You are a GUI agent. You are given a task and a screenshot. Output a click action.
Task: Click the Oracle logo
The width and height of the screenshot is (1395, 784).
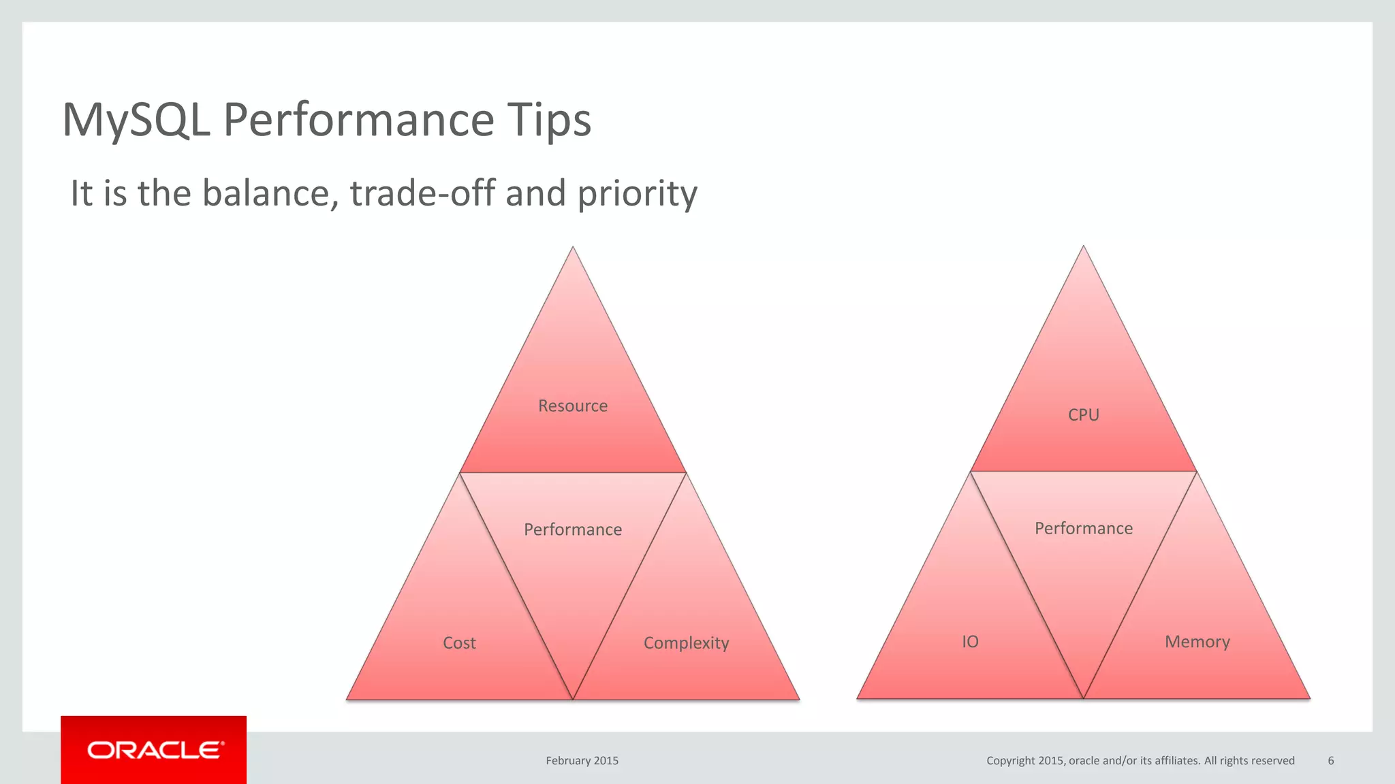[x=155, y=750]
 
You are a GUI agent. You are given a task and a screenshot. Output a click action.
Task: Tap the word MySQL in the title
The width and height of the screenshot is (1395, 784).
[x=136, y=120]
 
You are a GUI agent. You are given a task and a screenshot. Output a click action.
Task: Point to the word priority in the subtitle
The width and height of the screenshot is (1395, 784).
[x=638, y=195]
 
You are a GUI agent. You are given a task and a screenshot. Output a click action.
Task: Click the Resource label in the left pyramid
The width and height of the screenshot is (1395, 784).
[x=573, y=406]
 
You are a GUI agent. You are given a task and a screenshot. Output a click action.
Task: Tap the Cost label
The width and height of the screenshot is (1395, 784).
[x=459, y=643]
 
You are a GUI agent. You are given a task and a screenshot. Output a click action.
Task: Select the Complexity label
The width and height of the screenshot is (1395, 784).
[x=686, y=643]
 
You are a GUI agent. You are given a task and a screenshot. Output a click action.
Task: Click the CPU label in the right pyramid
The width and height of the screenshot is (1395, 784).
[x=1083, y=414]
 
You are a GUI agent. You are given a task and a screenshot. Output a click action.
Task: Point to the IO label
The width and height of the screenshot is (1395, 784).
[x=970, y=642]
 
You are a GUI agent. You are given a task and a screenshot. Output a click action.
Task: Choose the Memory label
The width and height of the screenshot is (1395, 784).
[x=1197, y=642]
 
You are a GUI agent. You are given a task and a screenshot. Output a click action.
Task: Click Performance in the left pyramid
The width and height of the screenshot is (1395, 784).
[x=573, y=529]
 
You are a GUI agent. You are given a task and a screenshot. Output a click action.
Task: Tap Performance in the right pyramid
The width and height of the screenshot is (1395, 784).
[x=1083, y=528]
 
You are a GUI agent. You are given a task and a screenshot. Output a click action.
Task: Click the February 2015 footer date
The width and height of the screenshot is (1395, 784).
[x=582, y=761]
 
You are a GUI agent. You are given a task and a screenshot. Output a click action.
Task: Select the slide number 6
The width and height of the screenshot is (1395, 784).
[x=1330, y=761]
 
